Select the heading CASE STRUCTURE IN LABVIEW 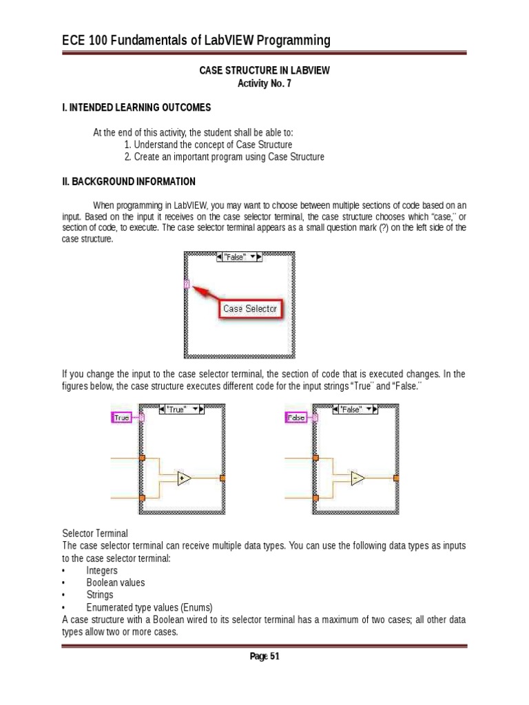[264, 70]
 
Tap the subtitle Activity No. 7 [264, 83]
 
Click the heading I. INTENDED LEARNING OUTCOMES [136, 108]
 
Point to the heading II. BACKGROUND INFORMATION [129, 182]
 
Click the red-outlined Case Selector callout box [250, 309]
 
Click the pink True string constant [122, 418]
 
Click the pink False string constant [296, 418]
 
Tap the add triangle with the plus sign [183, 478]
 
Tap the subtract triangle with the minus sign [357, 478]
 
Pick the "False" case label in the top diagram [238, 257]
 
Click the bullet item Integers [102, 571]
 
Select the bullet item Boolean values [116, 582]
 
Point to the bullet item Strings [100, 595]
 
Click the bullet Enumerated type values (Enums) [149, 607]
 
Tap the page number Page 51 [264, 656]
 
